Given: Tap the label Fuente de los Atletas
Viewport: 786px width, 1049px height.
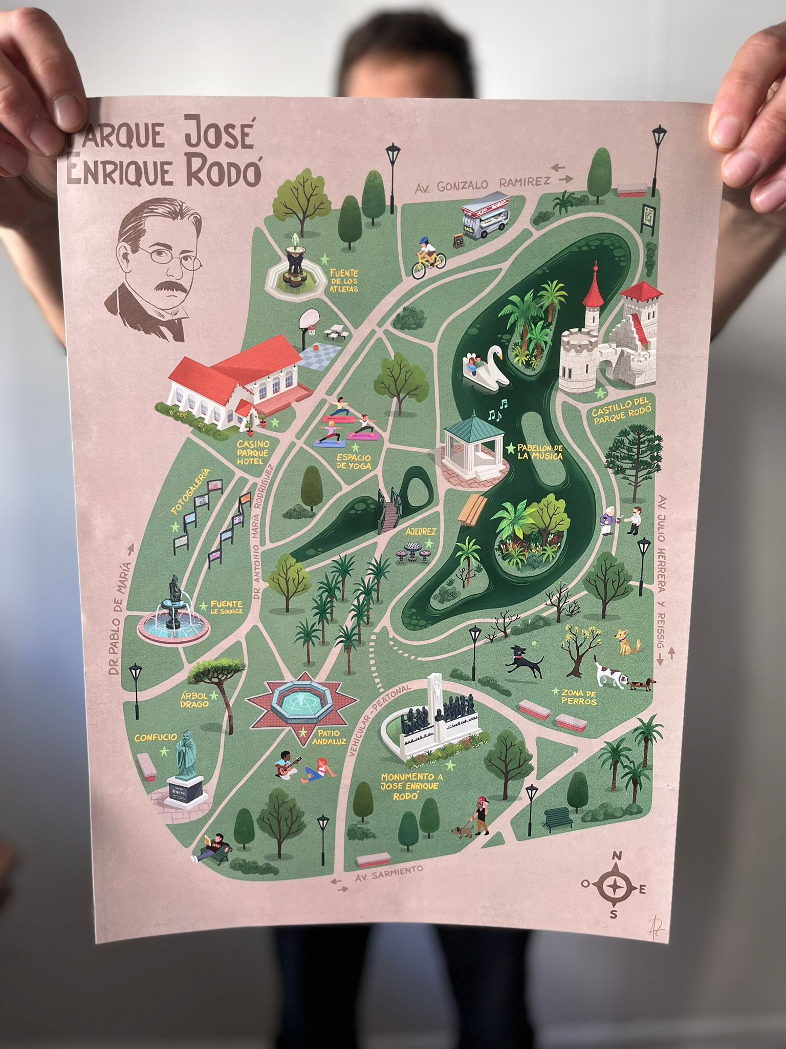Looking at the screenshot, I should [344, 281].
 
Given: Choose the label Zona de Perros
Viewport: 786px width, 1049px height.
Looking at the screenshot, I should [578, 697].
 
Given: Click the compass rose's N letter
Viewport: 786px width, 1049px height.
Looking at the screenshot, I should [618, 855].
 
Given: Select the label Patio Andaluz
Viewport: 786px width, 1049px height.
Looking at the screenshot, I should [327, 738].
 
